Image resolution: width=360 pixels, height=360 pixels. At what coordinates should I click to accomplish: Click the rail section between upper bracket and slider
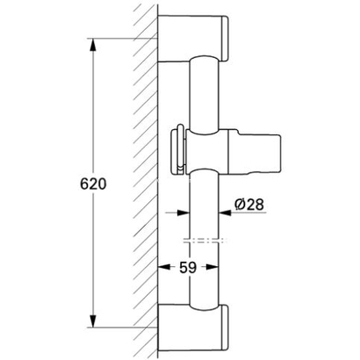[x=205, y=88]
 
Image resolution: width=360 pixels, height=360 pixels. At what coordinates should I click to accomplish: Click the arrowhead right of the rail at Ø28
[x=224, y=211]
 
